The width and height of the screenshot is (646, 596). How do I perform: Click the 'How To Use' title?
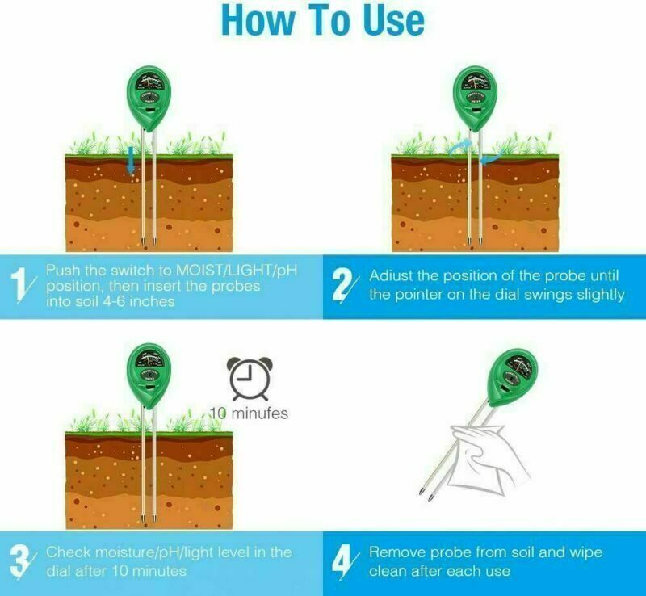point(323,21)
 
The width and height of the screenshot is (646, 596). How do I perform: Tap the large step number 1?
point(23,284)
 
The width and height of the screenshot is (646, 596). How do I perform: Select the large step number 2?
point(344,285)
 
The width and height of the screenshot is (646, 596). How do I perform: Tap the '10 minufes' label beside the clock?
point(250,413)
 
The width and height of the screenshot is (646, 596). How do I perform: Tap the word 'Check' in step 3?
point(67,552)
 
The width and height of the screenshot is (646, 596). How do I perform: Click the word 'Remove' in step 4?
point(396,552)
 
